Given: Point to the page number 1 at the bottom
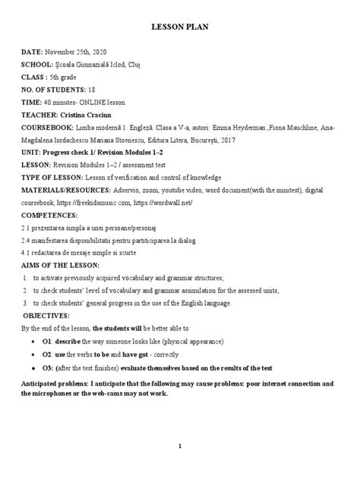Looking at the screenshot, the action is coord(179,447).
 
